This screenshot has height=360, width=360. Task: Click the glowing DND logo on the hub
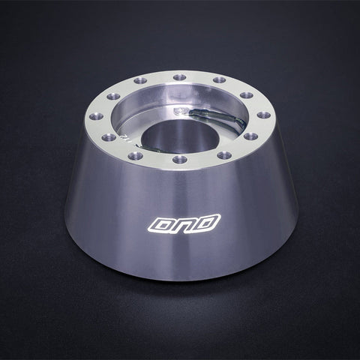pos(184,223)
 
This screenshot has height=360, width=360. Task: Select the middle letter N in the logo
pos(184,223)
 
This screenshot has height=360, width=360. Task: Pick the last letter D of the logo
pos(206,222)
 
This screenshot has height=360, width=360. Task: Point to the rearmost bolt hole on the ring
pos(179,76)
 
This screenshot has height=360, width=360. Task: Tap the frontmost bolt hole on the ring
pos(180,159)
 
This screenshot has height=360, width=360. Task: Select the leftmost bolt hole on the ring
pos(96,116)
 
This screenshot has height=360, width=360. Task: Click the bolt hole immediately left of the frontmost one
pos(136,155)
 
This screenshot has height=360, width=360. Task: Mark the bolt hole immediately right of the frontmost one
pos(224,155)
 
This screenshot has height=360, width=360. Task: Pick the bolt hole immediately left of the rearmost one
pos(140,80)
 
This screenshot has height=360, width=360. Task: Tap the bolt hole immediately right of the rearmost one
pos(219,80)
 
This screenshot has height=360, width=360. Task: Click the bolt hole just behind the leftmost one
pos(112,96)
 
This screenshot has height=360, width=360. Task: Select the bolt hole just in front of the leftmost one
pos(108,137)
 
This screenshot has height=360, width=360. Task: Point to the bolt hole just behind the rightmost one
pos(247,95)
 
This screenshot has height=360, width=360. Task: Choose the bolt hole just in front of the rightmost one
pos(251,136)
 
